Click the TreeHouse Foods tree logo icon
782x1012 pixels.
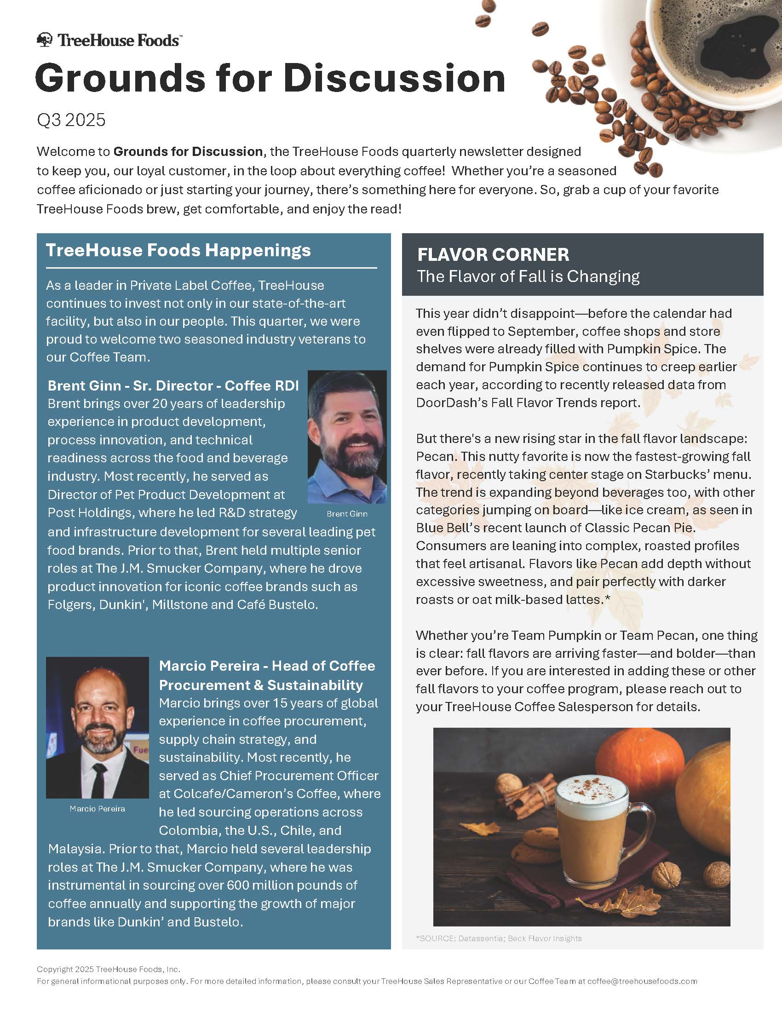point(45,40)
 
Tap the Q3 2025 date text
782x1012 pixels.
point(71,120)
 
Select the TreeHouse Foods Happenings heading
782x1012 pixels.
point(178,250)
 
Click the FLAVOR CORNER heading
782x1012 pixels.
point(493,254)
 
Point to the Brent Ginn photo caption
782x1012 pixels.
point(346,513)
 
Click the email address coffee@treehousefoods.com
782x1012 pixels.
point(642,981)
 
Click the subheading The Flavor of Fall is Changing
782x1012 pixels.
point(528,276)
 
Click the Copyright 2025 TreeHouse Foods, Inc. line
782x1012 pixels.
point(109,969)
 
